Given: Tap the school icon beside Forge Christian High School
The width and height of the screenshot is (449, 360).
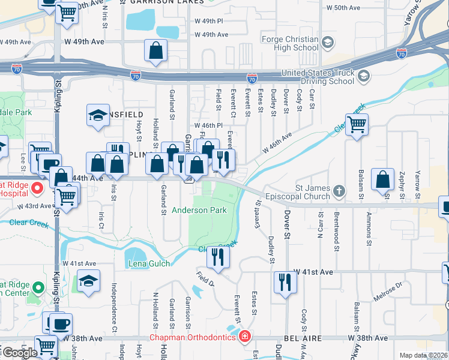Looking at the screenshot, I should tap(328, 43).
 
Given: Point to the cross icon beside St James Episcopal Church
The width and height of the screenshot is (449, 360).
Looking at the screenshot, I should tap(339, 191).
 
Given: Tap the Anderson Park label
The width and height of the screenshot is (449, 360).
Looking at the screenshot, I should tap(199, 210).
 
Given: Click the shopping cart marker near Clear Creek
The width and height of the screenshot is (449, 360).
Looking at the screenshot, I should tap(357, 125).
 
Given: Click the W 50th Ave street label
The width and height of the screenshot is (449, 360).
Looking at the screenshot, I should tap(343, 8).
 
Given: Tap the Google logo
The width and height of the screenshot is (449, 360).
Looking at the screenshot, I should tap(19, 353).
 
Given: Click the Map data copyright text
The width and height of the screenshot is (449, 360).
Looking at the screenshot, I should tap(423, 355).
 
